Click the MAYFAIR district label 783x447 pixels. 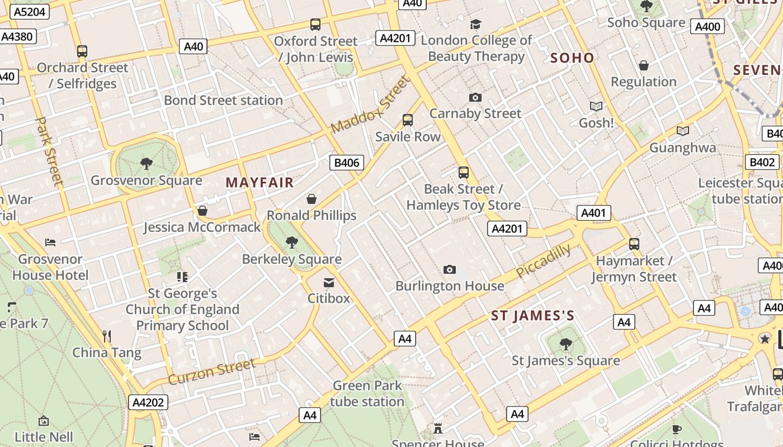[260, 183]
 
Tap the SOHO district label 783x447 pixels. [572, 58]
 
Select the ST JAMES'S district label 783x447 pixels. [532, 316]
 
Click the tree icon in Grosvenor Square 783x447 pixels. [147, 164]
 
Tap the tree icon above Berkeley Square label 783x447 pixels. [291, 242]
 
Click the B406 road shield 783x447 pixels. [347, 163]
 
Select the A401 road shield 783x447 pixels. [593, 213]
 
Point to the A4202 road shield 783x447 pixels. [148, 402]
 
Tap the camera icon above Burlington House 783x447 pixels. [449, 270]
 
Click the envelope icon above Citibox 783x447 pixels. [329, 283]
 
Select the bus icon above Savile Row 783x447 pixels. [408, 120]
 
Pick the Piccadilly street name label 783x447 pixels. [543, 261]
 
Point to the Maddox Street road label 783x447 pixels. [370, 106]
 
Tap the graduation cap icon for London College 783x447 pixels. [475, 25]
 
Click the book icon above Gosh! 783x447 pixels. [596, 106]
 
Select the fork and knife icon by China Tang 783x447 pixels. [107, 336]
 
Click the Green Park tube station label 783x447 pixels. [367, 393]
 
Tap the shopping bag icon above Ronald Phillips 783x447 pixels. [312, 199]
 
